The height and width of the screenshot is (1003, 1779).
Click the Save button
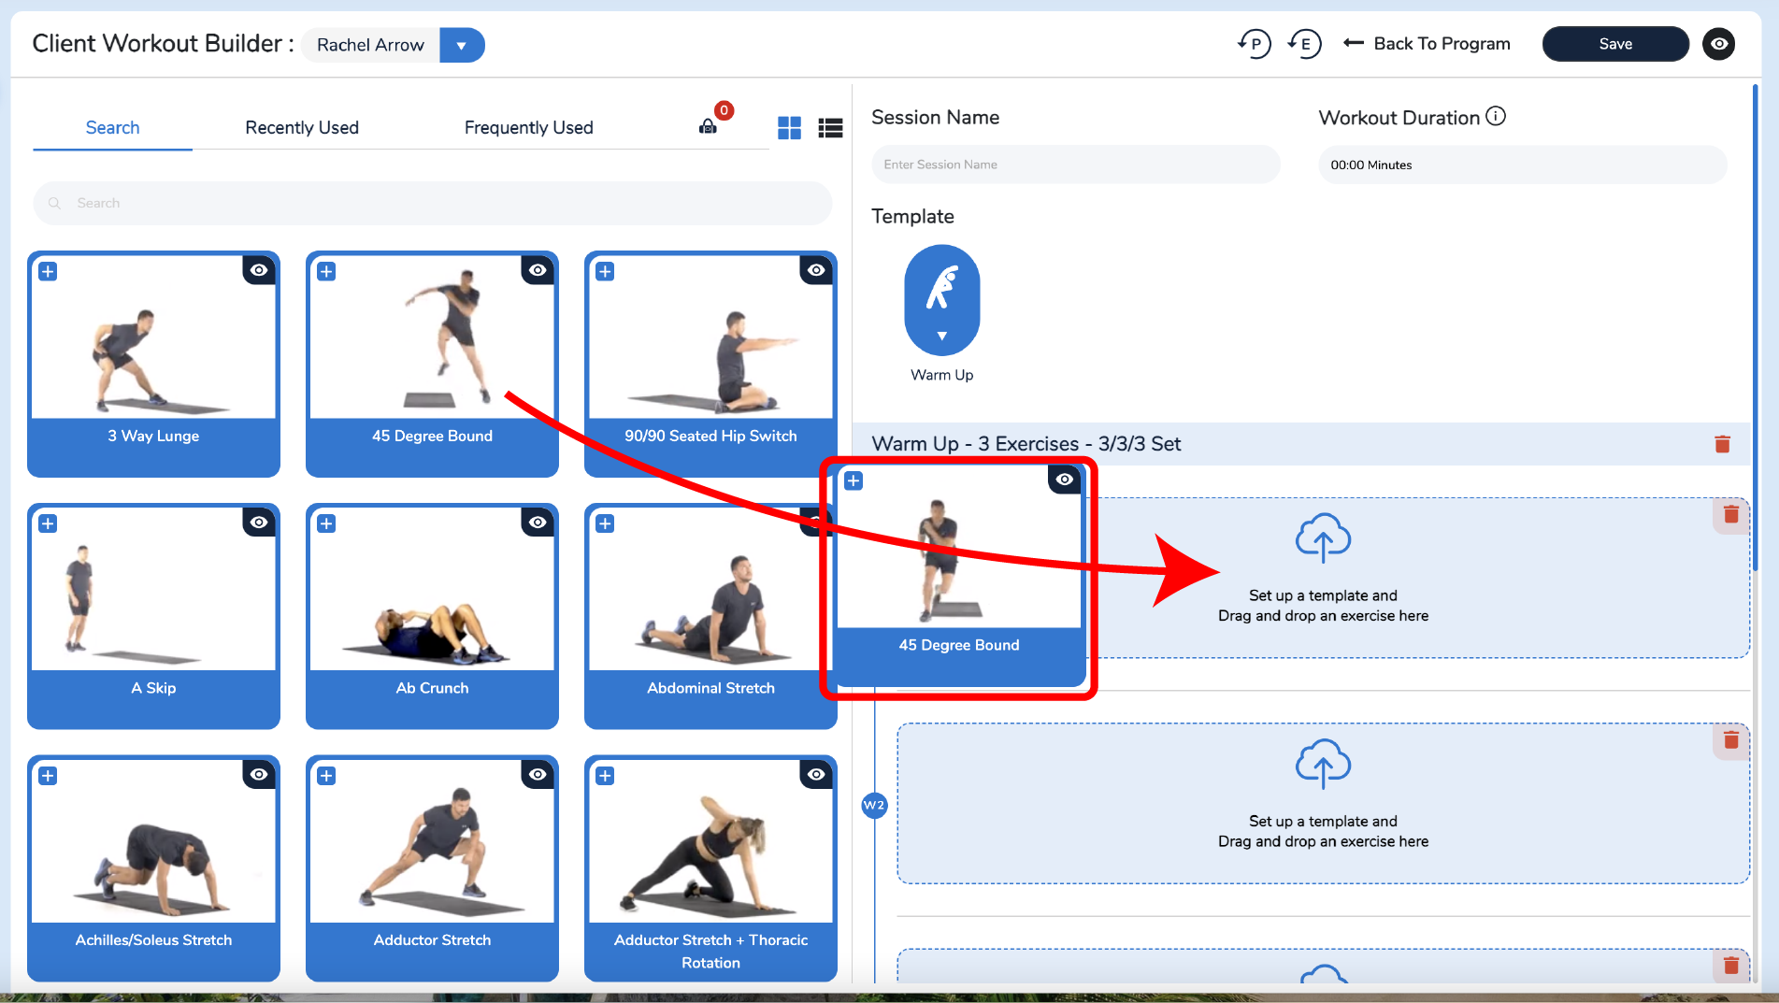(x=1614, y=44)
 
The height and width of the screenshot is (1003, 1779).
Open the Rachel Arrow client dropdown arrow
(x=461, y=45)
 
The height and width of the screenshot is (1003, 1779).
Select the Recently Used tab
(x=302, y=127)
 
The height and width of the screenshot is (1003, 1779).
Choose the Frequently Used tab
(x=529, y=127)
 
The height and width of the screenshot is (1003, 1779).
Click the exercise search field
(x=432, y=203)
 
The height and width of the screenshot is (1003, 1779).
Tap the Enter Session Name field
(x=1075, y=165)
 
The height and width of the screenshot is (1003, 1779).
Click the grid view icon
(x=789, y=128)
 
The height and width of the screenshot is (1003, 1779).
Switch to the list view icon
(x=830, y=128)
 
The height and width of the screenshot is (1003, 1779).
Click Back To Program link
(x=1427, y=44)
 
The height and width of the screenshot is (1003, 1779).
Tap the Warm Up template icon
(x=942, y=300)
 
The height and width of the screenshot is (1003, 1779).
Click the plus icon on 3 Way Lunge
(x=48, y=271)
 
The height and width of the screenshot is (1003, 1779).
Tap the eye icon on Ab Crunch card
(x=538, y=522)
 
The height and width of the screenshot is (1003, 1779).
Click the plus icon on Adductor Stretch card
(x=326, y=776)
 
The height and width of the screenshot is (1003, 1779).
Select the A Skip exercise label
(x=153, y=688)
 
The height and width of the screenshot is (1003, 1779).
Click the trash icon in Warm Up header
(x=1722, y=444)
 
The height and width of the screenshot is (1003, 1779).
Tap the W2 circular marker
(x=874, y=805)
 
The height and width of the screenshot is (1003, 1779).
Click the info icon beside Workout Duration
(x=1496, y=116)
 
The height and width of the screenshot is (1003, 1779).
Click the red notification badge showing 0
(x=724, y=110)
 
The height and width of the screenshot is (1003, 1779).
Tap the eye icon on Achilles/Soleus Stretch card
(x=259, y=774)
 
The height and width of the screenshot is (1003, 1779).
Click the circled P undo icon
(x=1255, y=44)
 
